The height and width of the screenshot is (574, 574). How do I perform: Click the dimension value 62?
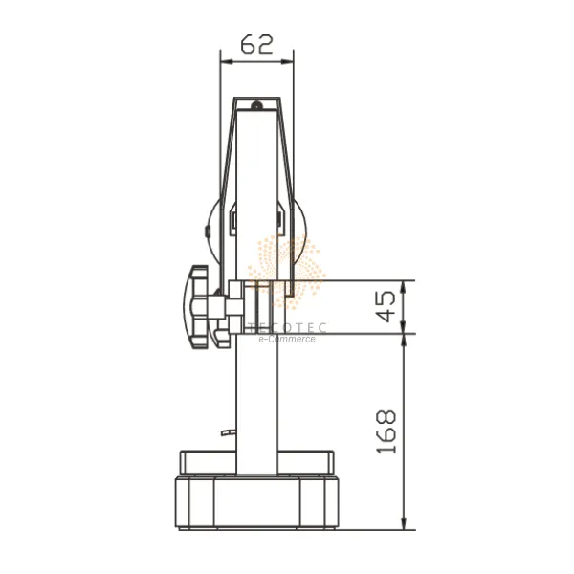tap(257, 44)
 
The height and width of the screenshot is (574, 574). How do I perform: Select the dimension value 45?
tap(386, 306)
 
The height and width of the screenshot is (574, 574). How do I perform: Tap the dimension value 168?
tap(386, 432)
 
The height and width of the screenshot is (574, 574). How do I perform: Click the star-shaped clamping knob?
tap(196, 307)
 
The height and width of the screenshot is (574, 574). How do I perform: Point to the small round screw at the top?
tap(256, 105)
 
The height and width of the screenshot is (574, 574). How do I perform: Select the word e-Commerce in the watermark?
tap(287, 339)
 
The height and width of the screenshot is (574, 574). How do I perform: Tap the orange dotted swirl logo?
tap(287, 272)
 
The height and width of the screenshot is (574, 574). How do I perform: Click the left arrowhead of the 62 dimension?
tap(227, 62)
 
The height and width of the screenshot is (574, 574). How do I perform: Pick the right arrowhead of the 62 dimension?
tap(287, 62)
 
